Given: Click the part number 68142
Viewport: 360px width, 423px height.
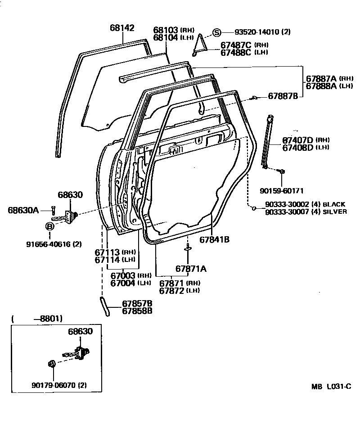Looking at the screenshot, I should pos(122,28).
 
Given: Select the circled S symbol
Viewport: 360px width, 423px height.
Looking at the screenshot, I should pos(216,32).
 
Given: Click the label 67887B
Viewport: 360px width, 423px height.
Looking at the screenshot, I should pos(283,96).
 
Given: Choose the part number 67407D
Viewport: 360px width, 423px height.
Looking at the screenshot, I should pos(298,140).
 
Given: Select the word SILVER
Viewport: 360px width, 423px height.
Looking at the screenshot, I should pos(334,211).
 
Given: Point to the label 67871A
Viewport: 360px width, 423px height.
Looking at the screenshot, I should pos(191,269).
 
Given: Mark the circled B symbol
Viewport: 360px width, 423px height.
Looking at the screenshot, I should pos(49,225).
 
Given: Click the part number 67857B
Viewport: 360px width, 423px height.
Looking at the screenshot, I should pos(137,303).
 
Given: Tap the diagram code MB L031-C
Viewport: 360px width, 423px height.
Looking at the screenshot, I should pos(330,387).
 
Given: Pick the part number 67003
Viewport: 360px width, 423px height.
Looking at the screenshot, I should pos(123,275).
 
